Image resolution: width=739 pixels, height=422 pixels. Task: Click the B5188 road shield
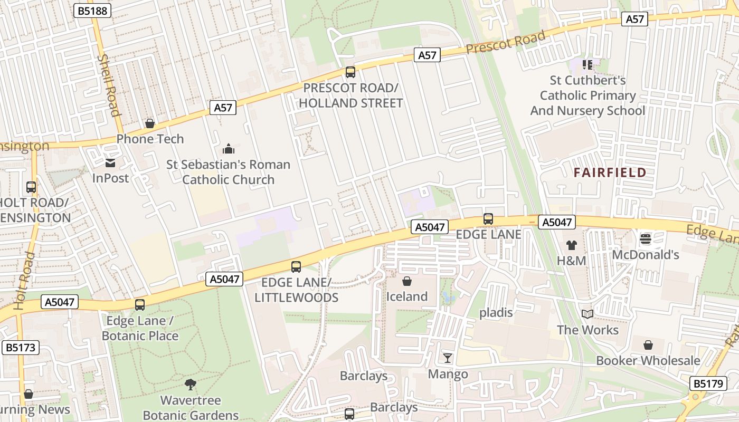[x=92, y=11]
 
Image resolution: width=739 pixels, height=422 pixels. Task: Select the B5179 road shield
[x=708, y=383]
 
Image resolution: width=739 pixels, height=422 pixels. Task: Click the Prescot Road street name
[x=505, y=42]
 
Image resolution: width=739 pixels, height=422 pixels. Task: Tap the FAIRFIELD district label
[x=610, y=172]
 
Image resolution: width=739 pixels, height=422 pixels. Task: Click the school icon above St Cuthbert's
[x=588, y=65]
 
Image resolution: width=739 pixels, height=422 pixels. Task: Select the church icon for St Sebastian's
[x=228, y=149]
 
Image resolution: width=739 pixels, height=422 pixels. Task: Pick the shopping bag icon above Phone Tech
[x=150, y=123]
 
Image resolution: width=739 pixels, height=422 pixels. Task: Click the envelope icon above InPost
[x=110, y=163]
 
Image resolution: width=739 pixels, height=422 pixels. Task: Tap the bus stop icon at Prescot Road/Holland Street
[x=350, y=72]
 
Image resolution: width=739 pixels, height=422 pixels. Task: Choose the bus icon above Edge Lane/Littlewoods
[x=296, y=267]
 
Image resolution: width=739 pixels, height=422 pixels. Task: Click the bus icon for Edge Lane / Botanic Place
[x=140, y=304]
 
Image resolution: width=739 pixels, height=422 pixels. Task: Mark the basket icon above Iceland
[x=406, y=281]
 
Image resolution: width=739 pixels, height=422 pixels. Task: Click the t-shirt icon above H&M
[x=572, y=245]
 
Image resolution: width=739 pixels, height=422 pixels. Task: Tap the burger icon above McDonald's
[x=645, y=239]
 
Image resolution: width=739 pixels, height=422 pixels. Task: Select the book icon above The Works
[x=588, y=314]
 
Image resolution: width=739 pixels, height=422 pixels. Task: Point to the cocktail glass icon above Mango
[x=448, y=359]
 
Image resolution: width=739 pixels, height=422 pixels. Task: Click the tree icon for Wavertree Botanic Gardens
[x=191, y=385]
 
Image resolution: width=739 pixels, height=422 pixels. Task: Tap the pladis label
[x=496, y=313]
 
